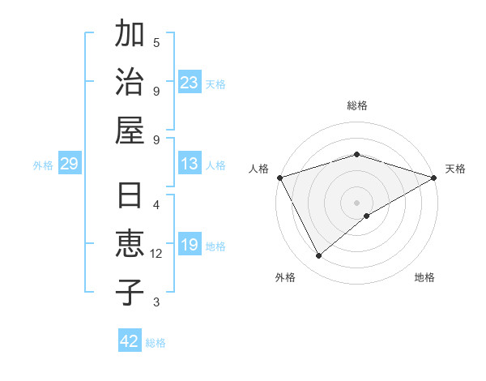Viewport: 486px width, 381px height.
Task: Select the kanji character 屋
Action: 130,129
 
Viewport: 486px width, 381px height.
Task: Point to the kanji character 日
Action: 130,198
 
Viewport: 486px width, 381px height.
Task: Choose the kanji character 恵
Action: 130,245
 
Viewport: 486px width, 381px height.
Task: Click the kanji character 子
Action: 130,292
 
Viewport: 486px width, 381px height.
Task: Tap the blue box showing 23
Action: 190,83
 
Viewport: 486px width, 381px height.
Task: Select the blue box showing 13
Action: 190,165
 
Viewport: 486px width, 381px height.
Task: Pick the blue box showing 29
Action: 69,165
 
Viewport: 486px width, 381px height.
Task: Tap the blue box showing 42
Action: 130,341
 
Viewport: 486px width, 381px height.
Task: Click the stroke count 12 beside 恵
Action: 156,254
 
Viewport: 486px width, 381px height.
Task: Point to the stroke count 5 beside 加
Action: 156,42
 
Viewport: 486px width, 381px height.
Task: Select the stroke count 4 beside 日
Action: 156,204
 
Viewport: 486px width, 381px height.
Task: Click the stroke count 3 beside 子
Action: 156,302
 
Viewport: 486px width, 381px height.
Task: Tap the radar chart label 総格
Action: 357,105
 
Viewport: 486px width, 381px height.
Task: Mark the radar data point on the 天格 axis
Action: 433,178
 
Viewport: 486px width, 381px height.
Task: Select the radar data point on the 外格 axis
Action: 319,256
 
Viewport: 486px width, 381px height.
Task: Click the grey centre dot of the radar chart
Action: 357,202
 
